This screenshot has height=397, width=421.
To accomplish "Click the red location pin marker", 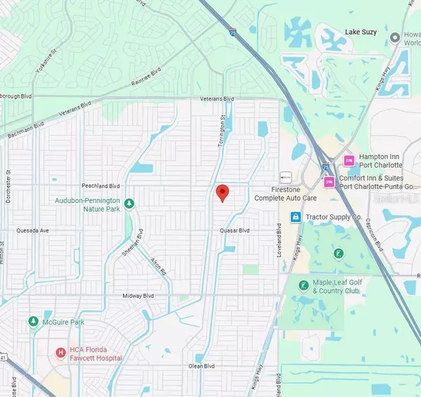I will (x=222, y=193).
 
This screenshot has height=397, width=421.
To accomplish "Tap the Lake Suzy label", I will (x=362, y=32).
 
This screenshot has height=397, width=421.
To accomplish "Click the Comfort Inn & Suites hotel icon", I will (x=328, y=183).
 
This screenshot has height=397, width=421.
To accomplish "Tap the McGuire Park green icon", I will (x=33, y=321).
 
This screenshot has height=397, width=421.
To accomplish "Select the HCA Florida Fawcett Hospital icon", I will (x=61, y=353).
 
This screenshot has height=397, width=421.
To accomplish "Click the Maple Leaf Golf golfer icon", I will (x=303, y=285).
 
